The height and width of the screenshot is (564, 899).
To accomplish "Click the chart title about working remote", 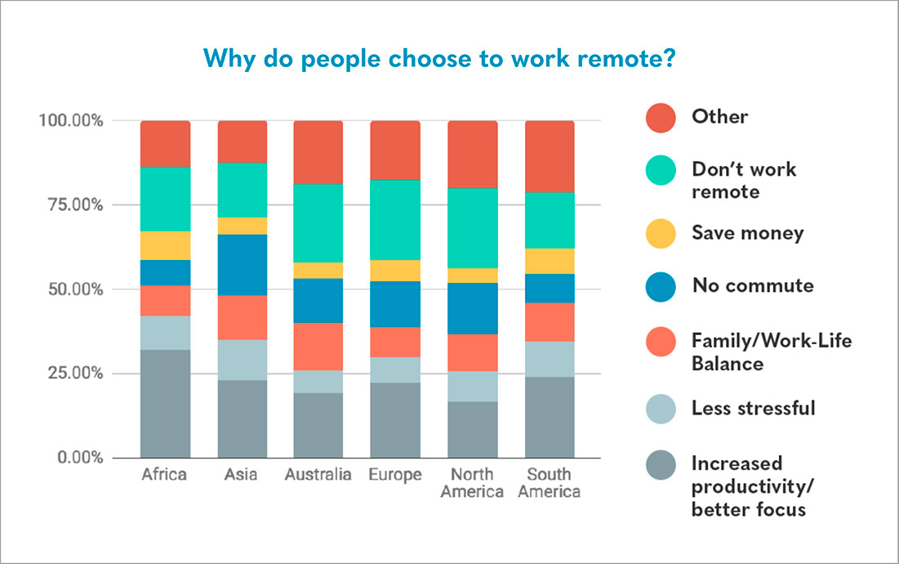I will [438, 59].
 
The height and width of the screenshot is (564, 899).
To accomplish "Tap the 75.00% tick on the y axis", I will [71, 204].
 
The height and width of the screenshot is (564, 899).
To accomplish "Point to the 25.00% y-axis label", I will [71, 374].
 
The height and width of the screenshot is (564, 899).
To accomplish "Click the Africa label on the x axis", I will [164, 475].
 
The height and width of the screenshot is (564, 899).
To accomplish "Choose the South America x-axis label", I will [549, 483].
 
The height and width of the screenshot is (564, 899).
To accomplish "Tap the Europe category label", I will [395, 475].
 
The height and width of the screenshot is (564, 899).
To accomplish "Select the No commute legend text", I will [752, 285].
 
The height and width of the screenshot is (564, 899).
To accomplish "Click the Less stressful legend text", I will [753, 407].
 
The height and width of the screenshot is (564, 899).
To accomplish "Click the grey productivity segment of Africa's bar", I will [165, 403].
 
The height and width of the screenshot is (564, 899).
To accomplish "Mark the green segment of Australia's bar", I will [318, 223].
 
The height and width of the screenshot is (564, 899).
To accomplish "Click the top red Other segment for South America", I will [549, 156].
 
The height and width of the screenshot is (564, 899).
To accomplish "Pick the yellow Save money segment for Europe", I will [395, 271].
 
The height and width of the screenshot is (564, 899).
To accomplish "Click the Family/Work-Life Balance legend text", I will [771, 351].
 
